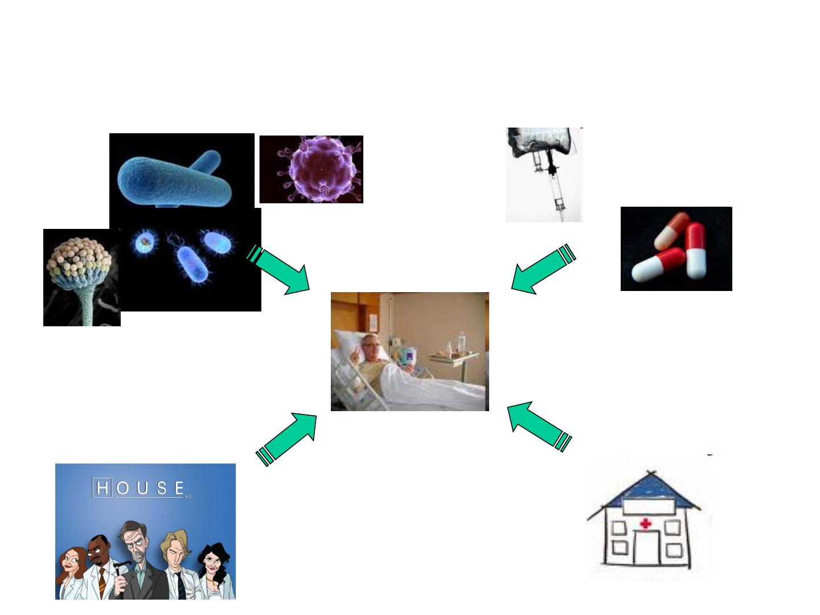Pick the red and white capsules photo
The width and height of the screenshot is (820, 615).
[x=676, y=248]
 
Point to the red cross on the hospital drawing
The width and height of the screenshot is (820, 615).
[x=645, y=524]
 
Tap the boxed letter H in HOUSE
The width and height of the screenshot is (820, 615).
[x=103, y=489]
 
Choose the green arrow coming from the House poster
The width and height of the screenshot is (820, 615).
[x=288, y=436]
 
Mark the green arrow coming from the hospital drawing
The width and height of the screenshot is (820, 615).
[x=538, y=425]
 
